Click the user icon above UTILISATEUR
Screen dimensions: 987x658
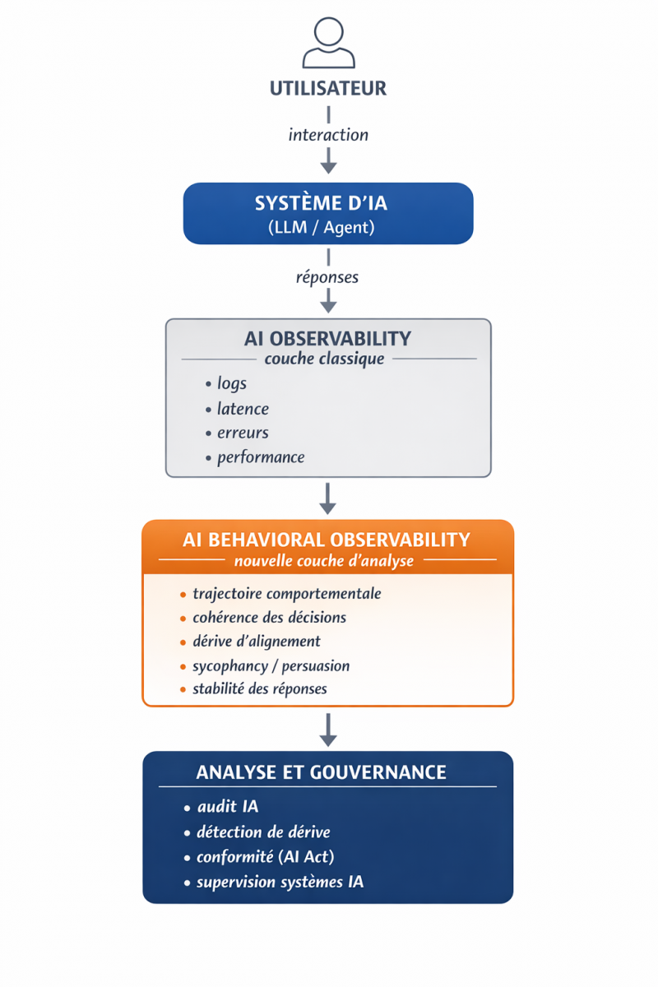(328, 43)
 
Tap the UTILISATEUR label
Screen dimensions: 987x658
(328, 88)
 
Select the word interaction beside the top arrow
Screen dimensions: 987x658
(328, 135)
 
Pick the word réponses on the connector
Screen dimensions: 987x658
(327, 277)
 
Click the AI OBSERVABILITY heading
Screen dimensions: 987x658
(328, 338)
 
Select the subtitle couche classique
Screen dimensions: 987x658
(324, 359)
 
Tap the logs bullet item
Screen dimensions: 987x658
(231, 383)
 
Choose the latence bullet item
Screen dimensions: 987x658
(243, 409)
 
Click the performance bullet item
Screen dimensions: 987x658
(261, 457)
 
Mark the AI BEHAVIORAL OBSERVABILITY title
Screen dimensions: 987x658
(327, 540)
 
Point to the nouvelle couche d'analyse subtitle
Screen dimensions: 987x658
(323, 561)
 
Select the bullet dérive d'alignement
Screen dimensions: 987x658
(256, 642)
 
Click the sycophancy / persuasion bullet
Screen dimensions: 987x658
(271, 665)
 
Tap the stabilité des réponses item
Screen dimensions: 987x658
(259, 689)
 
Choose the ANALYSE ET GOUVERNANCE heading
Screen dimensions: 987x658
(321, 772)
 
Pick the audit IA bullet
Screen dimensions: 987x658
(227, 807)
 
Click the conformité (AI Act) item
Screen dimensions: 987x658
(265, 857)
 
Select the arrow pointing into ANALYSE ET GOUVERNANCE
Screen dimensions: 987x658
(328, 730)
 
